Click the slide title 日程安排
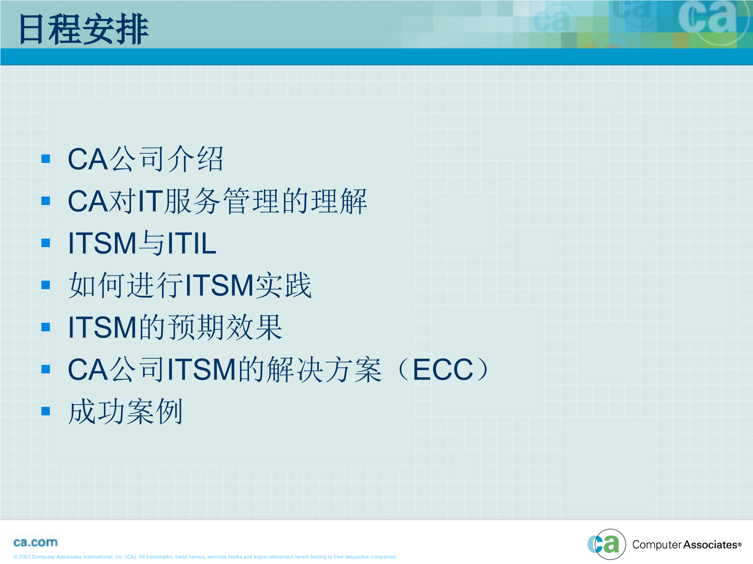84,29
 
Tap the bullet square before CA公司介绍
46,159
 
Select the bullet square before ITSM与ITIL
46,243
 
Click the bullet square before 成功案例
46,411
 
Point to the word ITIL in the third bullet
192,243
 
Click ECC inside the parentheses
443,369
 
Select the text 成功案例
125,411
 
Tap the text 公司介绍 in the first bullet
167,159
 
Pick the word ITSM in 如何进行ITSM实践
220,285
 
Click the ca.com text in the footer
35,542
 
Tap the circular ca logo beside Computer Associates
607,544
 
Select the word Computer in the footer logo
657,545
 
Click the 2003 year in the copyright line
25,557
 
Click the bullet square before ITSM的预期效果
46,327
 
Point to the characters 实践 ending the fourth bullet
284,285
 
